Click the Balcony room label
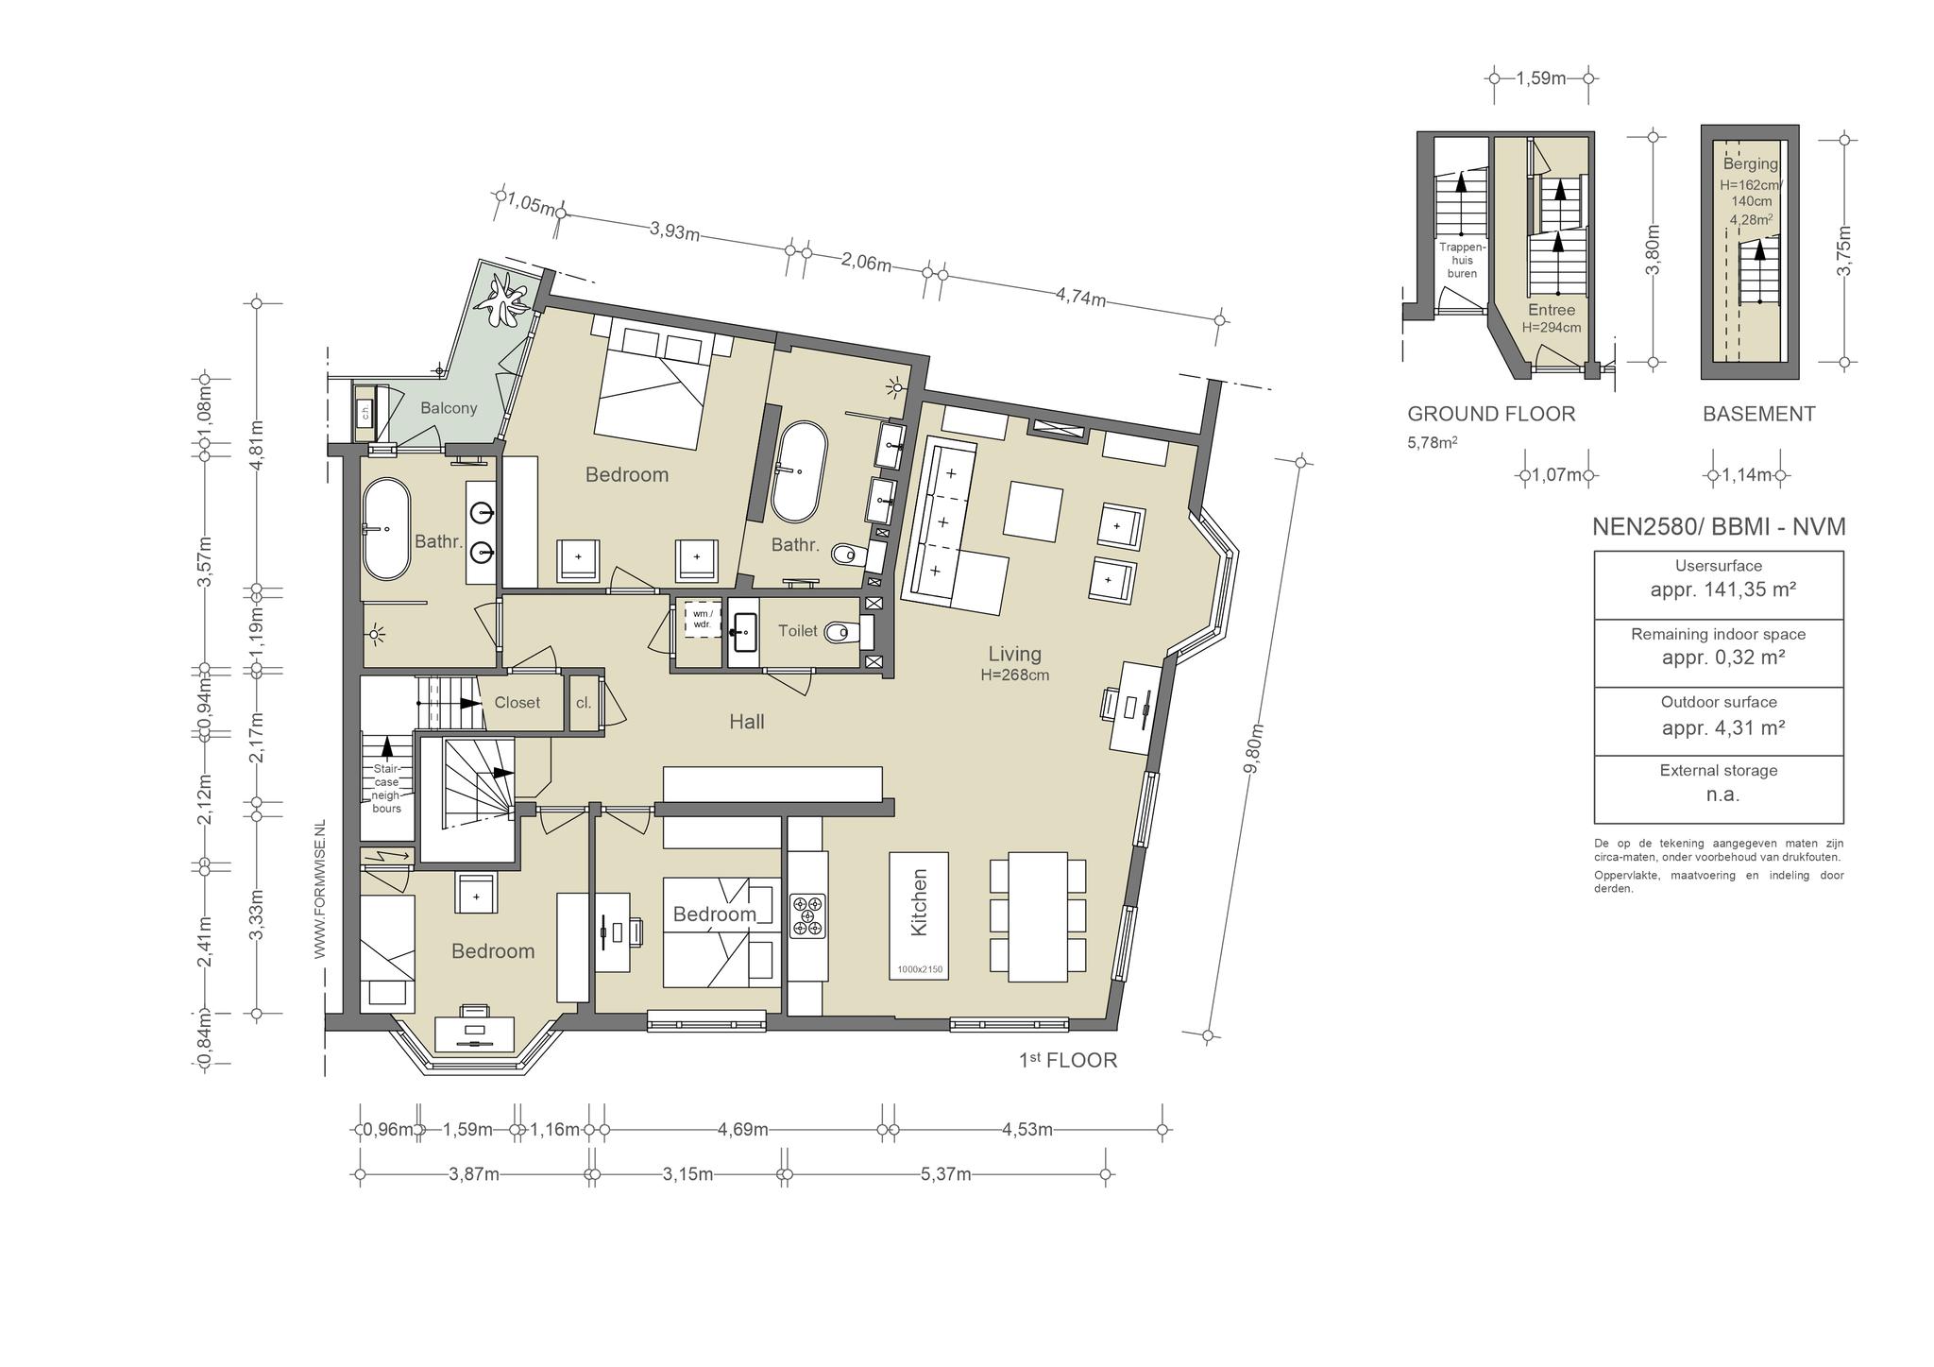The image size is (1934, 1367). pyautogui.click(x=449, y=408)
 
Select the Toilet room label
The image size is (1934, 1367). pyautogui.click(x=798, y=630)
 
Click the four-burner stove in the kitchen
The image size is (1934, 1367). pyautogui.click(x=808, y=915)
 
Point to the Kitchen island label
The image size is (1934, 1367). pyautogui.click(x=920, y=902)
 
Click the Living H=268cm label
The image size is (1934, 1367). pyautogui.click(x=1015, y=662)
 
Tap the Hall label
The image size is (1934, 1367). pyautogui.click(x=747, y=722)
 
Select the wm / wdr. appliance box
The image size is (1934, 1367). pyautogui.click(x=702, y=619)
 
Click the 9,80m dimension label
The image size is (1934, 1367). pyautogui.click(x=1253, y=749)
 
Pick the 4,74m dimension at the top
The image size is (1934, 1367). pyautogui.click(x=1080, y=298)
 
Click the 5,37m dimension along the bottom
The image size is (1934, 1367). pyautogui.click(x=945, y=1174)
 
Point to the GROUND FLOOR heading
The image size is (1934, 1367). pyautogui.click(x=1491, y=414)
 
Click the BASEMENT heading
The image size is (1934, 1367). pyautogui.click(x=1758, y=414)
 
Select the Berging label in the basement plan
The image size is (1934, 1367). pyautogui.click(x=1750, y=164)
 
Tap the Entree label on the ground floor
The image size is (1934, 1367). pyautogui.click(x=1552, y=310)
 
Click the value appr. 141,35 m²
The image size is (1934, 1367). pyautogui.click(x=1722, y=590)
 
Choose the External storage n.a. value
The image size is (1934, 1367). pyautogui.click(x=1722, y=795)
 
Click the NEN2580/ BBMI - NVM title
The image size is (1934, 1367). pyautogui.click(x=1719, y=527)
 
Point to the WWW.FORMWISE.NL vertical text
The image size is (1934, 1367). pyautogui.click(x=319, y=890)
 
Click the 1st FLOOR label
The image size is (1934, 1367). pyautogui.click(x=1068, y=1060)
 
